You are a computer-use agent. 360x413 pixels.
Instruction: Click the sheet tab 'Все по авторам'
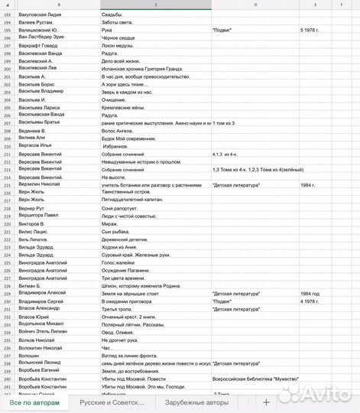tap(34, 402)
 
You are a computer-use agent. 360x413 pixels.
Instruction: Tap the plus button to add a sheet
tap(266, 402)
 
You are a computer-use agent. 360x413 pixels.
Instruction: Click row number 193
tap(7, 15)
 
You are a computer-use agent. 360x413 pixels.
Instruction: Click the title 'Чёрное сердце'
tap(118, 36)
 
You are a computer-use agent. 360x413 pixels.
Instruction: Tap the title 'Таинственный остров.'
tap(125, 192)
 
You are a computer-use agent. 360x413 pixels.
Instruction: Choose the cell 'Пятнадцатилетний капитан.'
tap(131, 200)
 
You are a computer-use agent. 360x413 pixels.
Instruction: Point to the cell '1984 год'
tap(310, 294)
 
